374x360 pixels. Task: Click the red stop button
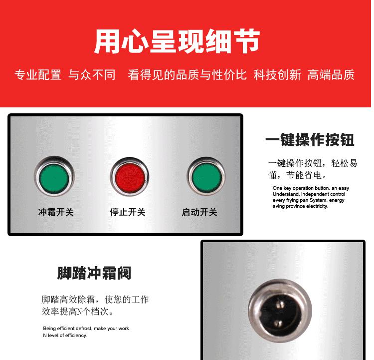pos(130,177)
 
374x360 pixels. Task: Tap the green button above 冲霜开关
pos(55,177)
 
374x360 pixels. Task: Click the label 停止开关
pos(128,212)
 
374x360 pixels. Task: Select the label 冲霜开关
pos(56,212)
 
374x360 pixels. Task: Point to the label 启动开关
pos(199,212)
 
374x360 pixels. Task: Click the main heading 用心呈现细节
pos(177,41)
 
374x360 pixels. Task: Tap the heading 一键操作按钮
pos(310,139)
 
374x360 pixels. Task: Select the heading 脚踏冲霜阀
pos(94,273)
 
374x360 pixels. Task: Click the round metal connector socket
pos(280,311)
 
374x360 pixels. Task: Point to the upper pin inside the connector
pos(281,304)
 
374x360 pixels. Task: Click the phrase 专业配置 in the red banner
pos(38,75)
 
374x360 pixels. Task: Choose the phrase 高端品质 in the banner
pos(331,75)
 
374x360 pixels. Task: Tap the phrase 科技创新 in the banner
pos(277,75)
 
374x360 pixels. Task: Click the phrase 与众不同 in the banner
pos(92,75)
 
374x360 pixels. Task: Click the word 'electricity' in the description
pos(317,206)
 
